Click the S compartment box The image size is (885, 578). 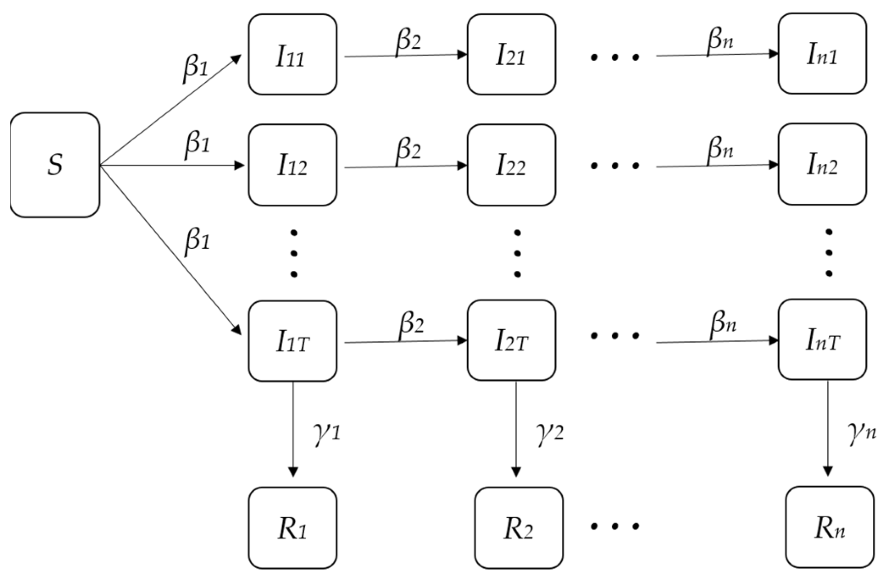pyautogui.click(x=55, y=165)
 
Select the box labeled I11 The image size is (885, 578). pyautogui.click(x=292, y=54)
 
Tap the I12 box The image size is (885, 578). pyautogui.click(x=292, y=165)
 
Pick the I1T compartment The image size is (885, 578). pyautogui.click(x=292, y=341)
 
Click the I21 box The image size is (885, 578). pyautogui.click(x=511, y=54)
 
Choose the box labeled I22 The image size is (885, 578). pyautogui.click(x=511, y=165)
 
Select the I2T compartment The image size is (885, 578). pyautogui.click(x=511, y=341)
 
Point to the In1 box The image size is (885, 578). pyautogui.click(x=822, y=54)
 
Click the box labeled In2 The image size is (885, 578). pyautogui.click(x=822, y=164)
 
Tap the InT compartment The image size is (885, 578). pyautogui.click(x=822, y=340)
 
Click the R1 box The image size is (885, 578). pyautogui.click(x=292, y=528)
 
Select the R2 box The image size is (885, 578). pyautogui.click(x=519, y=528)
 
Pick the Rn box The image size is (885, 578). pyautogui.click(x=830, y=527)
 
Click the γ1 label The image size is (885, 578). pyautogui.click(x=327, y=433)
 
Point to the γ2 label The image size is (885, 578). pyautogui.click(x=550, y=433)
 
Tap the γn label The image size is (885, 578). pyautogui.click(x=862, y=433)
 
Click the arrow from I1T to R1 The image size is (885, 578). pyautogui.click(x=293, y=427)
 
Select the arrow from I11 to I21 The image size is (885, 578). pyautogui.click(x=405, y=56)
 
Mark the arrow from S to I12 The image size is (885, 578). pyautogui.click(x=171, y=166)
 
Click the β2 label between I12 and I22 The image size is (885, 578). pyautogui.click(x=408, y=149)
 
